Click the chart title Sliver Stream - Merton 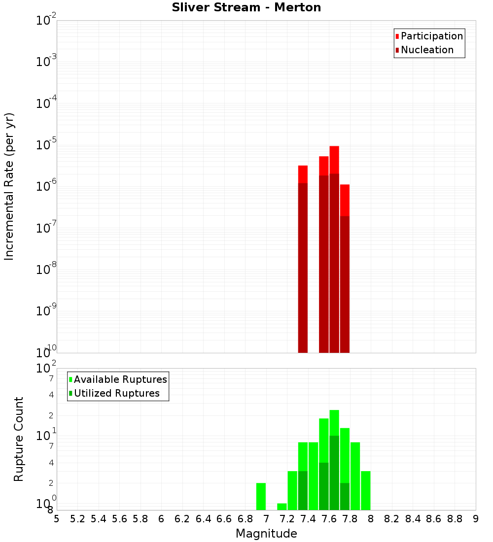(246, 7)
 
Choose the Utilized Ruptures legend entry (116, 393)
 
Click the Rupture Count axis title (19, 439)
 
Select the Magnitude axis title (266, 534)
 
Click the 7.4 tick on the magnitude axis (308, 519)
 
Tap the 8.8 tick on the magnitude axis (455, 519)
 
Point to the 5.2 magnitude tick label (77, 519)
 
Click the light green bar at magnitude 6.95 (261, 496)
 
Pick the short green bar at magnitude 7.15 (282, 507)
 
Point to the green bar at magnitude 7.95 (365, 490)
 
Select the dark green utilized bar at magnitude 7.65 (334, 473)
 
